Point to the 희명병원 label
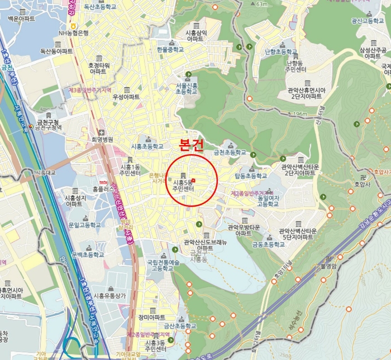coord(103,140)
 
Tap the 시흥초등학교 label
coord(147,146)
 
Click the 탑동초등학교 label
coord(251,176)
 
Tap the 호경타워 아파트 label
coord(97,68)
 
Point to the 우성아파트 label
coord(126,97)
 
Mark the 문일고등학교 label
coord(84,225)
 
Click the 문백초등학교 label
coord(87,255)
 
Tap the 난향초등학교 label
coord(279,51)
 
